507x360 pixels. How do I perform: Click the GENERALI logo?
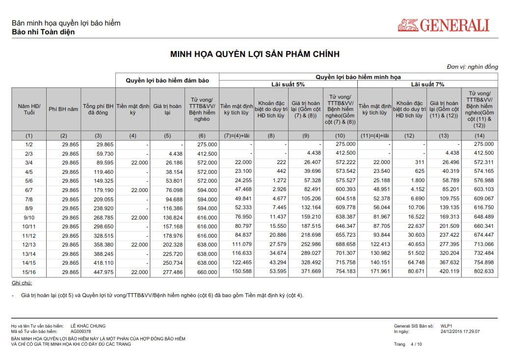pyautogui.click(x=444, y=25)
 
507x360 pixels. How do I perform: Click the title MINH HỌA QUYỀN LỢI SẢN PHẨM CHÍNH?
pyautogui.click(x=255, y=54)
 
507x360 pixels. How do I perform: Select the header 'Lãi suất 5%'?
pyautogui.click(x=288, y=84)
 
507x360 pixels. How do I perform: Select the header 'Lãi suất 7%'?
pyautogui.click(x=427, y=84)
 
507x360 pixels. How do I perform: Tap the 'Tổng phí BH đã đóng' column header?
pyautogui.click(x=98, y=109)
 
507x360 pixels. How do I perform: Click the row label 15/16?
pyautogui.click(x=29, y=272)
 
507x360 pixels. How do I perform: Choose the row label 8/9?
pyautogui.click(x=29, y=209)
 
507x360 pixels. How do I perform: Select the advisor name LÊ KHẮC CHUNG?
pyautogui.click(x=88, y=326)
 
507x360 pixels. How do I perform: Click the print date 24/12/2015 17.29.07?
pyautogui.click(x=460, y=332)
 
